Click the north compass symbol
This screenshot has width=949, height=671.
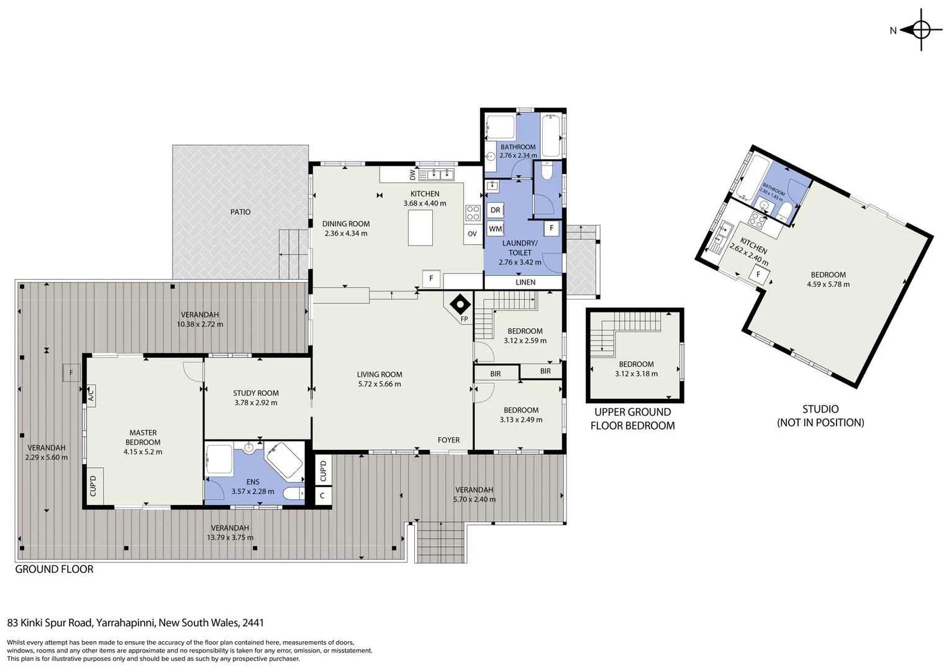(x=920, y=29)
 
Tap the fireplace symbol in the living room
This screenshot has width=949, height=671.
(x=460, y=304)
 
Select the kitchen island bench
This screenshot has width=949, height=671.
(x=420, y=228)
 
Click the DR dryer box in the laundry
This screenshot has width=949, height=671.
(x=495, y=210)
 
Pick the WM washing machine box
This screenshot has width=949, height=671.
(x=495, y=229)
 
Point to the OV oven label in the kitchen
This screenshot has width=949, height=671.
(x=472, y=234)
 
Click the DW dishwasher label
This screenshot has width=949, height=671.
(x=412, y=175)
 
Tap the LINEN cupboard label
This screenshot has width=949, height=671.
(x=525, y=282)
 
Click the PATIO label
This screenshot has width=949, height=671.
(x=240, y=212)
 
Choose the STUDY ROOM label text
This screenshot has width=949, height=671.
(x=256, y=393)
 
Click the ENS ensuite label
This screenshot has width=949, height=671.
(x=252, y=482)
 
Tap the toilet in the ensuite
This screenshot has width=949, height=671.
(x=293, y=494)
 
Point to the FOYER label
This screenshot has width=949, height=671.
(x=448, y=440)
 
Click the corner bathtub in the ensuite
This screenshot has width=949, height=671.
(x=284, y=460)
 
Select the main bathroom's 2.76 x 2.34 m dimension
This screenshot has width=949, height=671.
(x=518, y=155)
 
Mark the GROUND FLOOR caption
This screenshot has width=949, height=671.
(x=54, y=569)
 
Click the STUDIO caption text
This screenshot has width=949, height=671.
(x=820, y=409)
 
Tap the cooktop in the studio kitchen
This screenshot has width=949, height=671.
(x=757, y=219)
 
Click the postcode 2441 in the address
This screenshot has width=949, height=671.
(x=254, y=623)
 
